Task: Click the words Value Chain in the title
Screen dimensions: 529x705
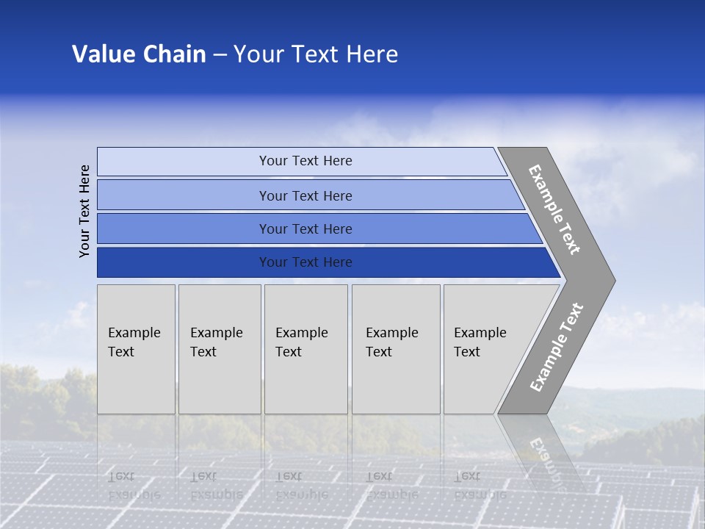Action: [x=139, y=54]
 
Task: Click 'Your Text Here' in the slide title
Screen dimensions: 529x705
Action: [x=316, y=54]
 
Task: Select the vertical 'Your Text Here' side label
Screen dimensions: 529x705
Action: [x=84, y=211]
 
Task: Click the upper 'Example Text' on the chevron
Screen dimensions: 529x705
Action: [x=554, y=209]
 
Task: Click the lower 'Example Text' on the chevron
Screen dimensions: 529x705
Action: [x=557, y=348]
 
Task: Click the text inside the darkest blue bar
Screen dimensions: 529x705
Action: [x=305, y=262]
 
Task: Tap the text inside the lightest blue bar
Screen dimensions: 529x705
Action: [x=305, y=161]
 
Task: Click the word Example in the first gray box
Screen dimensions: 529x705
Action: [x=134, y=333]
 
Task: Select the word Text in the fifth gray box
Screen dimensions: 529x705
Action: [x=467, y=352]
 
